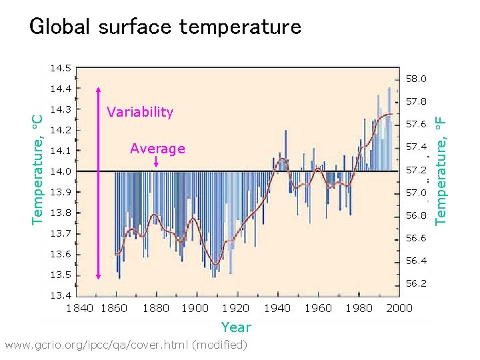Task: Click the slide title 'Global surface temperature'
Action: (165, 27)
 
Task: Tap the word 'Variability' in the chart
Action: (140, 112)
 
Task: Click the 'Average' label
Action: (157, 148)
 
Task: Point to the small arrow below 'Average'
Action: (156, 163)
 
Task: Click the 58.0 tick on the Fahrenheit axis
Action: (415, 79)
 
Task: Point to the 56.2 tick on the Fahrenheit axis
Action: (415, 283)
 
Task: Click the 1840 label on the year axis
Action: (80, 308)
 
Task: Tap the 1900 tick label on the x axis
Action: (195, 308)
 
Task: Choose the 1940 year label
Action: (277, 308)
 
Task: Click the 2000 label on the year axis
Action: (399, 308)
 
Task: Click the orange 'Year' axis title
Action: (236, 327)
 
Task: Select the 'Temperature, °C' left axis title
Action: (39, 168)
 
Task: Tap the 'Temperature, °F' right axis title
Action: (440, 169)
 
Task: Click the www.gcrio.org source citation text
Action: (125, 345)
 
